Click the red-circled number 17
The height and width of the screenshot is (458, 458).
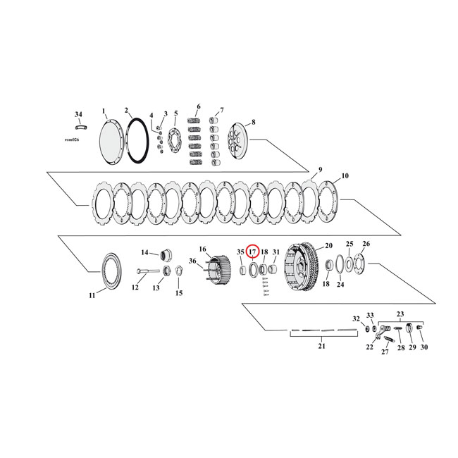pos(252,252)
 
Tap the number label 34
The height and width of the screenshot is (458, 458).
pos(78,113)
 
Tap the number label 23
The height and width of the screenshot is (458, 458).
pos(401,314)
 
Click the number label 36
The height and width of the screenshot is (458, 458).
pos(192,261)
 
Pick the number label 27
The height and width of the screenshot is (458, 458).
pos(385,352)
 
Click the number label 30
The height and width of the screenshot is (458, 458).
pos(423,347)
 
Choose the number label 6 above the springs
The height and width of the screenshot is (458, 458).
pos(199,107)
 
